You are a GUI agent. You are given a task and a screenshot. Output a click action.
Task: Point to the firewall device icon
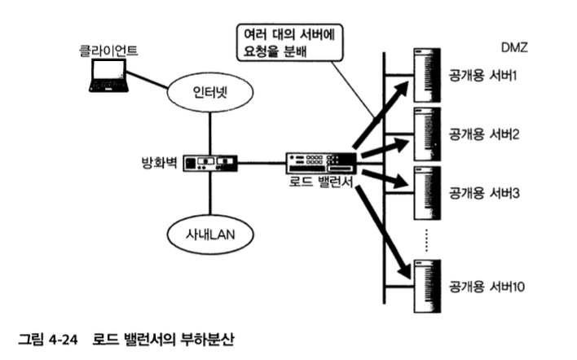209,163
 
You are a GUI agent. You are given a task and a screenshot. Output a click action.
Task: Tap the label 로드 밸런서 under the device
320,183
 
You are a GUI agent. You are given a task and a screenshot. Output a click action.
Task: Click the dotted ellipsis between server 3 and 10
427,238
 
